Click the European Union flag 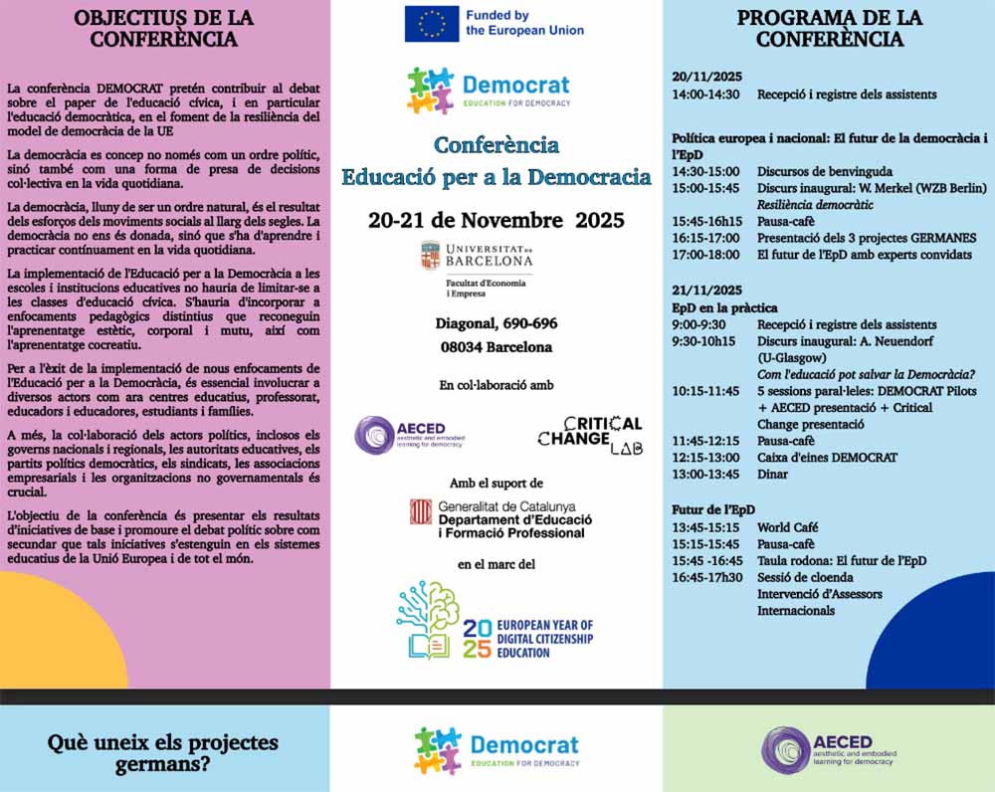pos(431,23)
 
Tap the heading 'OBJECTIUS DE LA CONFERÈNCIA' pos(164,29)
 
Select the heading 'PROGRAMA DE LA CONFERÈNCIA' pos(829,29)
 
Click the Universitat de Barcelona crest pos(430,257)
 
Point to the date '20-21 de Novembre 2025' pos(496,220)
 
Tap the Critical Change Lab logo pos(590,435)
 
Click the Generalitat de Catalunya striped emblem pos(421,512)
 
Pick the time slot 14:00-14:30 pos(705,95)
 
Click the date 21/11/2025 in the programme pos(706,291)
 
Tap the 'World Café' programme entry pos(788,527)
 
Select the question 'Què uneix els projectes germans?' pos(163,753)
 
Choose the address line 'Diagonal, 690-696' pos(496,323)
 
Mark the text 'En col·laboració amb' pos(496,384)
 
